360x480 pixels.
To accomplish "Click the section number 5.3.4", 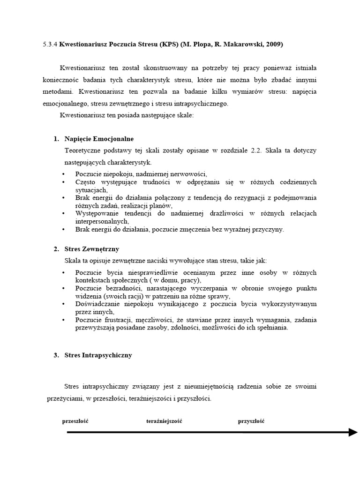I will point(49,45).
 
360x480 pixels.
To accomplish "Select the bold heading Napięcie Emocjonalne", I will point(99,139).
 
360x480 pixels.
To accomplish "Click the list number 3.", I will point(56,355).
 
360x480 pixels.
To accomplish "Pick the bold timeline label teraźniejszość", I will point(164,421).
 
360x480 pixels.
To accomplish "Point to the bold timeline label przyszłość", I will point(251,421).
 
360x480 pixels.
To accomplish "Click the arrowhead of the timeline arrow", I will point(352,432).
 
